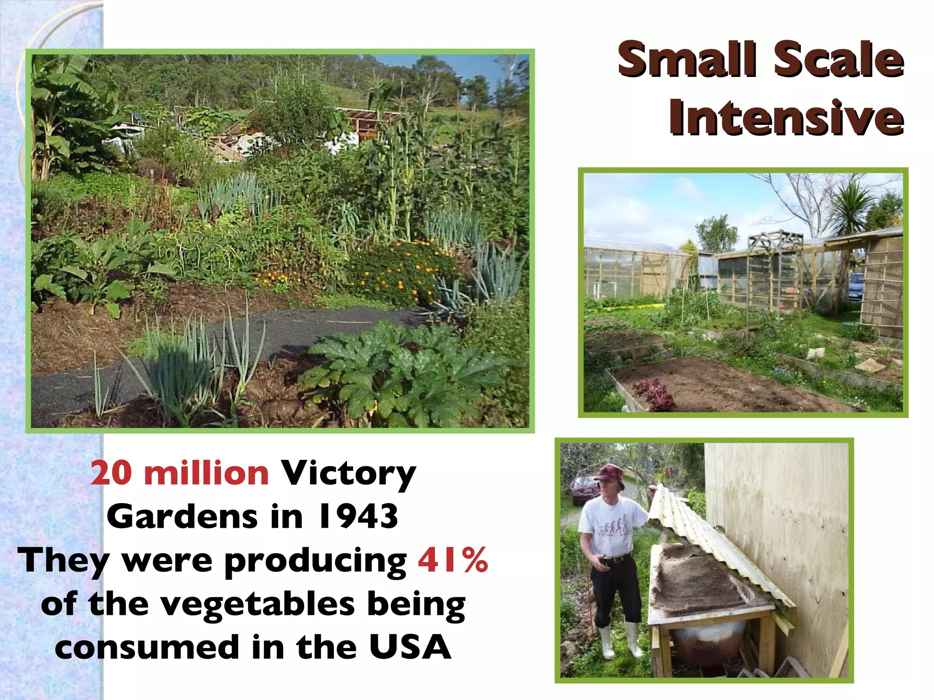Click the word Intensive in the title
786,118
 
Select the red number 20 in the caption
111,474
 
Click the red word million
206,474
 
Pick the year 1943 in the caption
358,517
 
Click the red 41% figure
453,560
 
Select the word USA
410,647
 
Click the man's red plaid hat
610,474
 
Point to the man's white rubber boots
618,641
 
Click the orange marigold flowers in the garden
401,269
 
